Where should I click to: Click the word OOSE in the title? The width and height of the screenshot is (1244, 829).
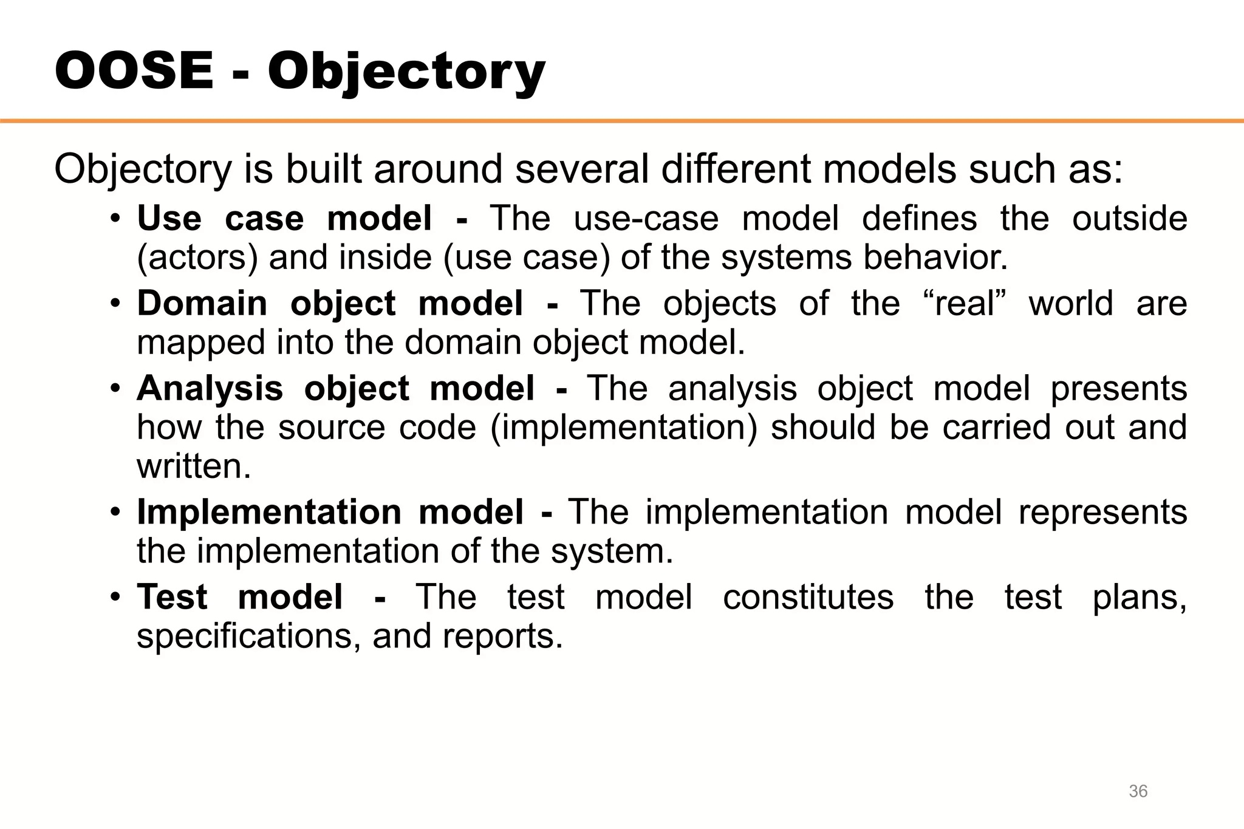[134, 71]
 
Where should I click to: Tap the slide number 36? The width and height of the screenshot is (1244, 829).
[1138, 791]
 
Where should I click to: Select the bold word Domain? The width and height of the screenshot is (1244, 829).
[202, 303]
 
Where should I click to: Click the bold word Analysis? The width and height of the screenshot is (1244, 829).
[210, 388]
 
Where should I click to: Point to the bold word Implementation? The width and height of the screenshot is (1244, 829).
[269, 512]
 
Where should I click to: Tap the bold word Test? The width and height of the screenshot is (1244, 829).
[172, 597]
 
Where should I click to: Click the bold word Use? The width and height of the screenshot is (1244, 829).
[169, 218]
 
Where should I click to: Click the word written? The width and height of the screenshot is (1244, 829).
[194, 466]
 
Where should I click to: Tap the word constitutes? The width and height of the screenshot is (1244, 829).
[808, 597]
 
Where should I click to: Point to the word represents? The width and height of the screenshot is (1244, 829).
[1102, 512]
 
